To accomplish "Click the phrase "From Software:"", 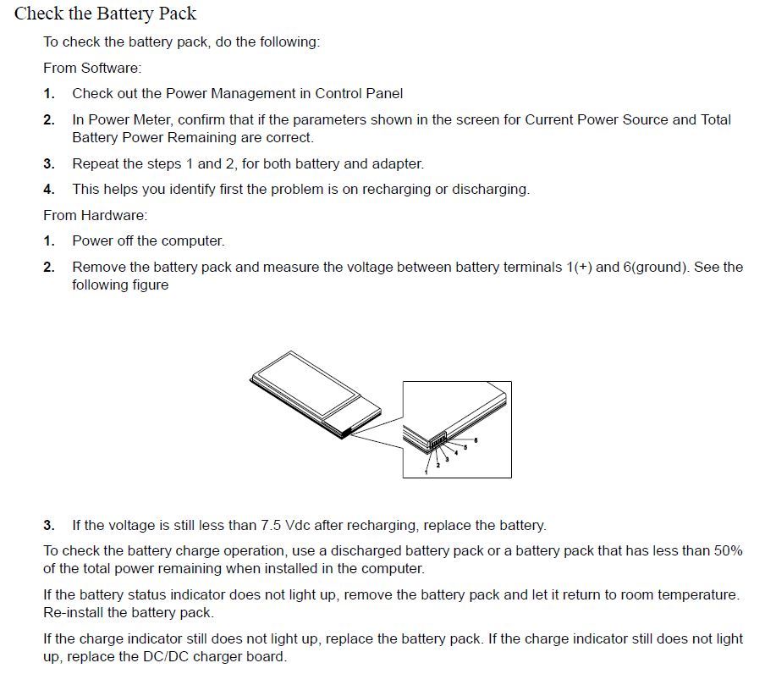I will pos(92,68).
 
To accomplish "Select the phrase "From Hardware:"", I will pos(95,215).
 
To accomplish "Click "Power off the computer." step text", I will pos(148,241).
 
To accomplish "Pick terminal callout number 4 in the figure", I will pos(456,453).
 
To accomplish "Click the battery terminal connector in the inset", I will pos(438,442).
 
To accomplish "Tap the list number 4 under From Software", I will pos(49,190).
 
